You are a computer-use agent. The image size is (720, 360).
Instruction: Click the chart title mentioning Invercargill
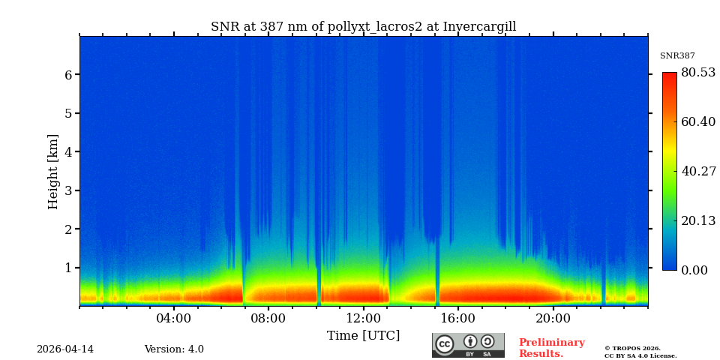click(x=363, y=27)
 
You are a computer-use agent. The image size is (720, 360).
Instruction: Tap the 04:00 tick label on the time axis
click(x=173, y=318)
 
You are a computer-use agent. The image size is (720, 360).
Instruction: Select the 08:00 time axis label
click(x=268, y=318)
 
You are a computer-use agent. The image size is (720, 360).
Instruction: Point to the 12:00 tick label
click(x=363, y=318)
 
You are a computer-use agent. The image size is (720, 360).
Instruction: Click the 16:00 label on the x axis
click(x=457, y=318)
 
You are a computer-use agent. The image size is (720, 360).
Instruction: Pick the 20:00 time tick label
click(x=553, y=318)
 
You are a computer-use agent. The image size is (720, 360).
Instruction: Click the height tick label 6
click(x=67, y=75)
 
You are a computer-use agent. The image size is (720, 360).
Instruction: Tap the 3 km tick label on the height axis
click(x=67, y=190)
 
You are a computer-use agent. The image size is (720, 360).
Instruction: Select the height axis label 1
click(x=67, y=268)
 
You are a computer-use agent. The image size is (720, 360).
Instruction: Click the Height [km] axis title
click(x=53, y=171)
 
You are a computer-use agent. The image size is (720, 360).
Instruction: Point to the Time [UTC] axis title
click(x=363, y=336)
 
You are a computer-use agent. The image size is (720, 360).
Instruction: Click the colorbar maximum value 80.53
click(x=698, y=73)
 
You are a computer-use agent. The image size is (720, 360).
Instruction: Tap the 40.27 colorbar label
click(x=698, y=171)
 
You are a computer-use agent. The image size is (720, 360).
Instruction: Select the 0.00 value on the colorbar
click(x=695, y=270)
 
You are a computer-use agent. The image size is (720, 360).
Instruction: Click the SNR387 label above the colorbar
click(x=677, y=56)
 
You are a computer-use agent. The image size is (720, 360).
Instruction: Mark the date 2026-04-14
click(x=65, y=349)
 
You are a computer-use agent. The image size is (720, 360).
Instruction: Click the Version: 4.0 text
click(x=174, y=349)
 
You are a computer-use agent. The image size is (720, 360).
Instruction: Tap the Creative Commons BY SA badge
click(x=468, y=345)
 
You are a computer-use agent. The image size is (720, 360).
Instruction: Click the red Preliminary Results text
click(x=551, y=348)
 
